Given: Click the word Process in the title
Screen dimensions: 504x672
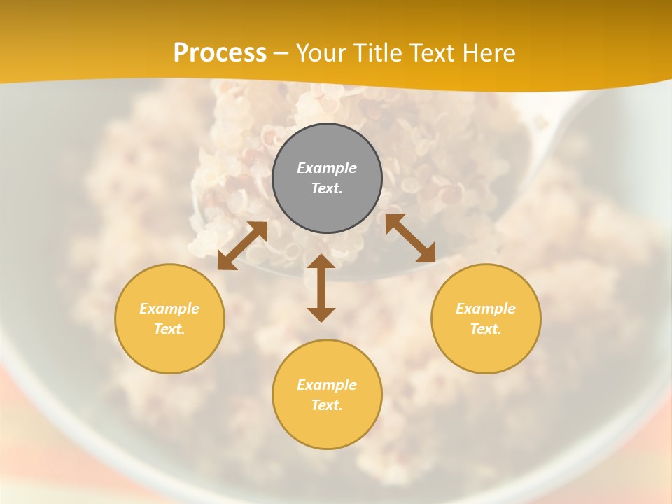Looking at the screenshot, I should coord(220,53).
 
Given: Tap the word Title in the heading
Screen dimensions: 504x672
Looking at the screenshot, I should coord(379,53).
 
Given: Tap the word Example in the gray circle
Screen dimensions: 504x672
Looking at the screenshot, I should coord(327,168).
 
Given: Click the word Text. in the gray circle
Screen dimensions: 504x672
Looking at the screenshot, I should coord(327,188).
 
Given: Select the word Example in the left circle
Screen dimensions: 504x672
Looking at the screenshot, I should coord(169,309).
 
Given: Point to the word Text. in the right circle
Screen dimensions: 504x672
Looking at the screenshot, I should coord(486,329).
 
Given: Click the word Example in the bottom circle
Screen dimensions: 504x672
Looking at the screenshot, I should coord(327,385).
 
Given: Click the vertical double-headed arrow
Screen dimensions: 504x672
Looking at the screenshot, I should coord(321,288).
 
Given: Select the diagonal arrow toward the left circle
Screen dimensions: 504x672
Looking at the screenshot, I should coord(242,246).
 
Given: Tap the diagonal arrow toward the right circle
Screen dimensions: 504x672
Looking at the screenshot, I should coord(410,238).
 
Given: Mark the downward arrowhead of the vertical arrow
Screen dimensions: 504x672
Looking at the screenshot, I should coord(321,313).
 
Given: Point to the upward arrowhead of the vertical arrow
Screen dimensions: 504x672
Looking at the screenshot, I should coord(321,262).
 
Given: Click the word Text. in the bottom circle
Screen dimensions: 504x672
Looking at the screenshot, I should coord(327,405).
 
